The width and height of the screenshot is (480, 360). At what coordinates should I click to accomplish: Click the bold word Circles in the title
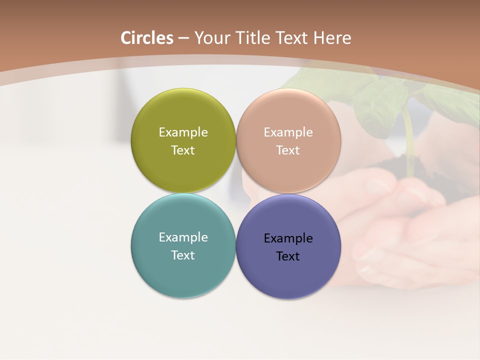pos(147,38)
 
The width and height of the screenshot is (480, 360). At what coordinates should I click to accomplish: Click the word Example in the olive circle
pos(183,132)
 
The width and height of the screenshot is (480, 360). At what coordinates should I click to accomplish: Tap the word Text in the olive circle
pos(183,150)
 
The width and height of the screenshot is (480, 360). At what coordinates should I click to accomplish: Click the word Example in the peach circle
pos(288,132)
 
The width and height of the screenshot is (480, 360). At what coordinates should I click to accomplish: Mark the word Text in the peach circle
pos(288,150)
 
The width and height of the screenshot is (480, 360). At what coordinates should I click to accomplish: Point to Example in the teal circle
pos(183,237)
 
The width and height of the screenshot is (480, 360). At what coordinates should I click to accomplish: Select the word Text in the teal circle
pos(183,255)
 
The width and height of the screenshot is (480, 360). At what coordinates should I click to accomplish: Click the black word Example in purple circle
pos(288,238)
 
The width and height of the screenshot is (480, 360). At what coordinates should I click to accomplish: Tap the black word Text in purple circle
pos(288,256)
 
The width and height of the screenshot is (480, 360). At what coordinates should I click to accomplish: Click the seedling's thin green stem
pos(409,140)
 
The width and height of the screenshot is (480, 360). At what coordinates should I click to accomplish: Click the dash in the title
pos(183,38)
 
